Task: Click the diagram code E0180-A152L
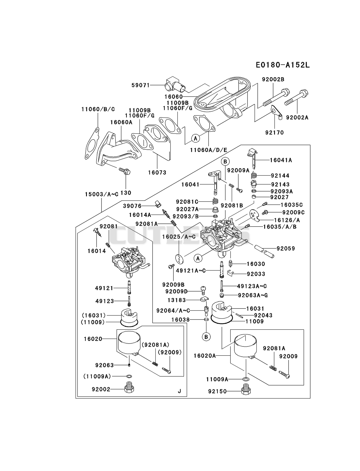pos(283,65)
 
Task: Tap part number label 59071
pos(140,85)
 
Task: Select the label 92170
pos(274,132)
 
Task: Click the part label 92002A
pos(297,117)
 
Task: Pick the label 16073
pos(157,172)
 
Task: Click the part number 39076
pos(132,206)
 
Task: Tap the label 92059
pos(286,248)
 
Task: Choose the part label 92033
pos(256,274)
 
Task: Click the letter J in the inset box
pos(179,391)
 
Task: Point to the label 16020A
pos(205,356)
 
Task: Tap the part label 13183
pos(177,300)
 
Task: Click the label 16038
pos(181,319)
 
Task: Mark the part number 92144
pos(280,176)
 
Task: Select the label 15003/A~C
pos(102,194)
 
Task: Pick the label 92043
pos(263,315)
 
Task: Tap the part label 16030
pos(256,264)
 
